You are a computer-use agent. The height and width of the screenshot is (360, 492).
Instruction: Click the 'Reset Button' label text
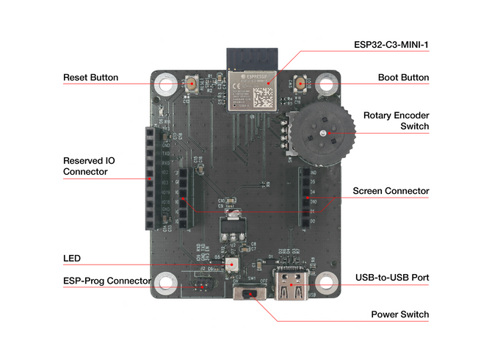[x=90, y=77]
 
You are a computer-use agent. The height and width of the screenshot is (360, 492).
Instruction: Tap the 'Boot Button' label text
[x=403, y=77]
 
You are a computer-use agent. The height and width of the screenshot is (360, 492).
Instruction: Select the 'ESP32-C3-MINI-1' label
[x=391, y=45]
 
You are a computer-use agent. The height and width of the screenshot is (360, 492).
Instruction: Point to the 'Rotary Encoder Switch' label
[x=396, y=121]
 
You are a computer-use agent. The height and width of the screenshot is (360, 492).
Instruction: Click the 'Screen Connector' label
[x=391, y=191]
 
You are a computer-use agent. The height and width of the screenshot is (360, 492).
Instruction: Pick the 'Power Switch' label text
[x=399, y=314]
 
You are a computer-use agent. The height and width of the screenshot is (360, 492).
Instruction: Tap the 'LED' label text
[x=72, y=259]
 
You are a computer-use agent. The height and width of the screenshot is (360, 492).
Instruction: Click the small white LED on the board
[x=233, y=263]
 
